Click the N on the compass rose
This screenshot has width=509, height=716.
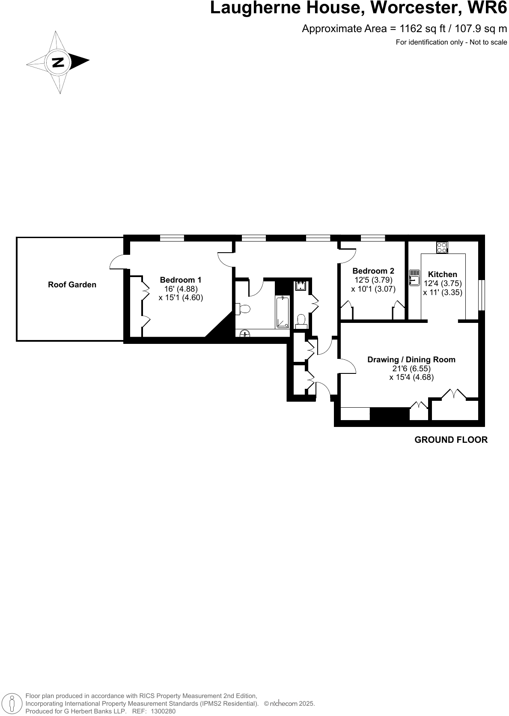(58, 63)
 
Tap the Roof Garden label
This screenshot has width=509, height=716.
(72, 285)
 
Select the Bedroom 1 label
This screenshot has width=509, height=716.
(180, 280)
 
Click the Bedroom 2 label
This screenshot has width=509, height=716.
(373, 271)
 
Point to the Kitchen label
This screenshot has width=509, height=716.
(442, 274)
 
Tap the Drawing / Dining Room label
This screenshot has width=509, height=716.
(411, 360)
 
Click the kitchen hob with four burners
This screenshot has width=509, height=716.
(442, 248)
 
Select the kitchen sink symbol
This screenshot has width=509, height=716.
(414, 277)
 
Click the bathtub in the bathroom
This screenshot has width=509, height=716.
(283, 312)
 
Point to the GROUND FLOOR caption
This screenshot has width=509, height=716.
(451, 440)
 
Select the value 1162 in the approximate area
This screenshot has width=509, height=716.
(410, 29)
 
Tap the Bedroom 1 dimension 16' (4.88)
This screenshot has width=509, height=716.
(181, 289)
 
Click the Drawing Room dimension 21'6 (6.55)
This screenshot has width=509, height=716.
(411, 369)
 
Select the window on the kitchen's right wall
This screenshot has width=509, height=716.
(482, 295)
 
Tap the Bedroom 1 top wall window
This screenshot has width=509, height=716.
(172, 238)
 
